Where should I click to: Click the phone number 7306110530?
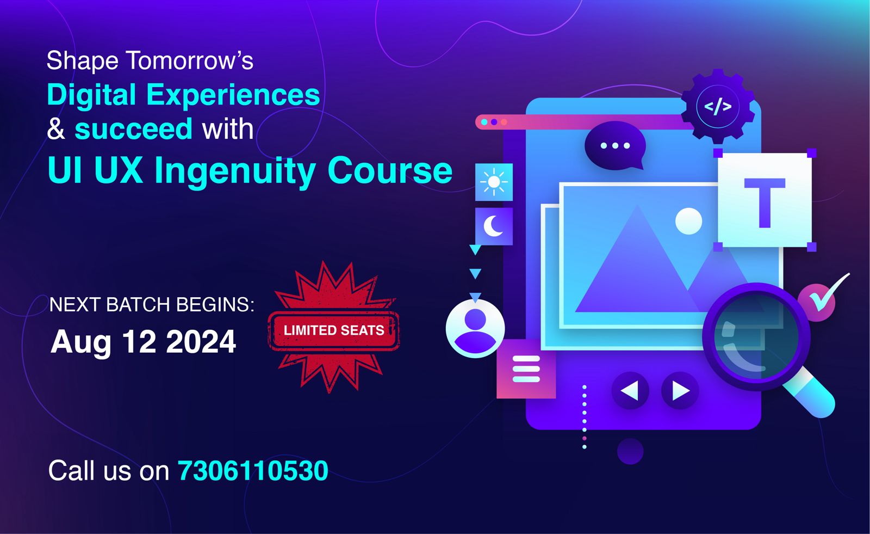click(x=253, y=471)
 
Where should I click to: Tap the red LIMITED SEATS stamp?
click(x=334, y=330)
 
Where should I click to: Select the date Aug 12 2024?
click(x=143, y=342)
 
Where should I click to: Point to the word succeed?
click(x=133, y=129)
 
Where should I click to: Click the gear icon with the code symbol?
click(x=718, y=107)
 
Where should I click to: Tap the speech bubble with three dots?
click(x=615, y=145)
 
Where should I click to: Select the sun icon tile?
click(x=494, y=182)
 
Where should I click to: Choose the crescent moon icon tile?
click(x=494, y=226)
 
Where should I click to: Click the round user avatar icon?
click(x=475, y=328)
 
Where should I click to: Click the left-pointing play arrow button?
click(x=630, y=390)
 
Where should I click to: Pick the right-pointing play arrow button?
click(x=680, y=390)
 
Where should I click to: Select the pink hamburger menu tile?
click(x=526, y=369)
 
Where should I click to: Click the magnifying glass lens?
click(x=756, y=337)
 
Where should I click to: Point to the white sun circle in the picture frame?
click(x=688, y=221)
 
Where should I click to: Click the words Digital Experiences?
click(x=183, y=95)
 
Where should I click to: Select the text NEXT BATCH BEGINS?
click(x=152, y=305)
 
